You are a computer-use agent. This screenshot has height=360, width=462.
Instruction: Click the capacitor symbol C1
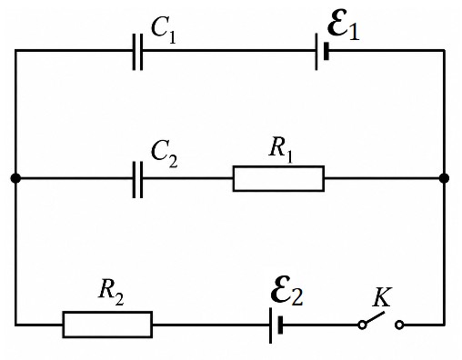[x=137, y=52]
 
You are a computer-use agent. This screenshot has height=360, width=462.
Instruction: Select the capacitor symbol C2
[x=137, y=179]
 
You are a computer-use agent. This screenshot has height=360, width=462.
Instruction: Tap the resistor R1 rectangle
[x=278, y=179]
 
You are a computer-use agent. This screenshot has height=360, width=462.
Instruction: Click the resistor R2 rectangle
[x=107, y=325]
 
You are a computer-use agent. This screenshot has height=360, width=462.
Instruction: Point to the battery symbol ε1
[x=321, y=51]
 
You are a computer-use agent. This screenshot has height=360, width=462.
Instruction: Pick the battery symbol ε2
[x=276, y=325]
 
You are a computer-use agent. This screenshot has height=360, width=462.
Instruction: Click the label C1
[x=164, y=29]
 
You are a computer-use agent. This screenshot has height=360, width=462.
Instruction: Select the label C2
[x=164, y=155]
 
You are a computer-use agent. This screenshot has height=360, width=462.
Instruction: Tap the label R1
[x=281, y=151]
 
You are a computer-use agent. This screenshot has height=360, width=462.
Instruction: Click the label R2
[x=111, y=292]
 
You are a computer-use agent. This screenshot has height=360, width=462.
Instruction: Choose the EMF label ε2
[x=286, y=290]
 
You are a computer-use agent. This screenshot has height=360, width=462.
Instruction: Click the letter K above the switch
[x=382, y=297]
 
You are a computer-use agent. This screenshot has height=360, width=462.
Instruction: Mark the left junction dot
[x=15, y=178]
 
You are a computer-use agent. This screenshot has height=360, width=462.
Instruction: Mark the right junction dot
[x=444, y=178]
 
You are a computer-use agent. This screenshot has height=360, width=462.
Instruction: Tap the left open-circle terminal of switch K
[x=362, y=325]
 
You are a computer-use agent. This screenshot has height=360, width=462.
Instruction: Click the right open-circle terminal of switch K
[x=399, y=325]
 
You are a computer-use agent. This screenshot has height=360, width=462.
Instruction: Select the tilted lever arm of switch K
[x=375, y=317]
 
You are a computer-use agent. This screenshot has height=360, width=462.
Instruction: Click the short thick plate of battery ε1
[x=326, y=51]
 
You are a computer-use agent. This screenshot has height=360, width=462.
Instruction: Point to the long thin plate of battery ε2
[x=270, y=325]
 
